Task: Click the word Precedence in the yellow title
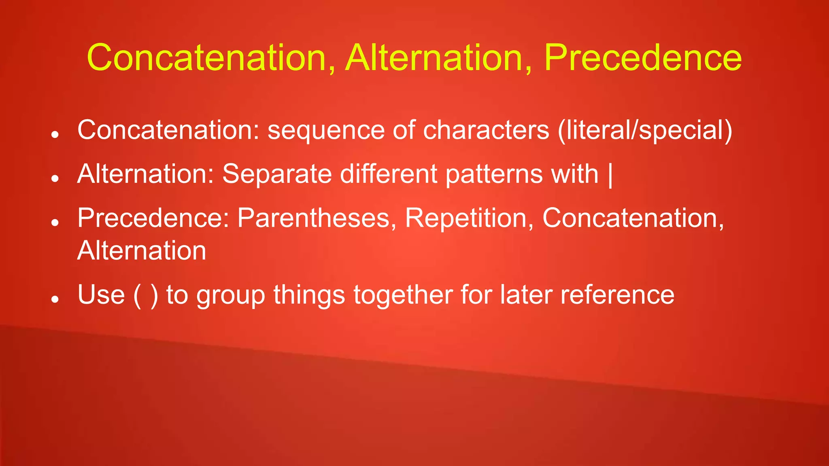(643, 58)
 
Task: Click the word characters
(486, 131)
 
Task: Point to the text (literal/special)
(645, 131)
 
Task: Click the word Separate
(277, 174)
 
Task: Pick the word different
(389, 174)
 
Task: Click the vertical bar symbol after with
(610, 175)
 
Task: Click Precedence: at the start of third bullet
(153, 218)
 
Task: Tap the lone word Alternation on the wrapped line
(142, 251)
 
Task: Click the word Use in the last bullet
(101, 294)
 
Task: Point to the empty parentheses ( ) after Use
(146, 295)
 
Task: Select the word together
(403, 295)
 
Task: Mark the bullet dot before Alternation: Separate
(55, 178)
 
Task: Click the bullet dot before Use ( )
(55, 299)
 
